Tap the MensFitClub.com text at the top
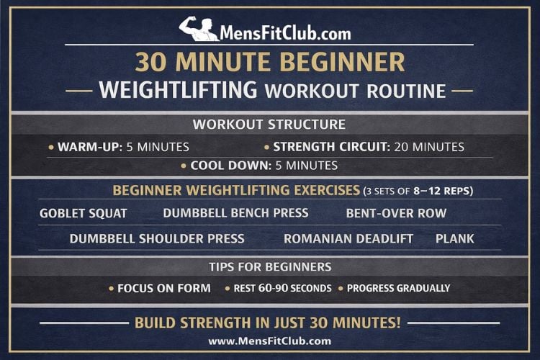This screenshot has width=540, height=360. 287,32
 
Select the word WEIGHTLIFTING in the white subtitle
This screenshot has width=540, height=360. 178,91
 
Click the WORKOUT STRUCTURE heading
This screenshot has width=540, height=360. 269,125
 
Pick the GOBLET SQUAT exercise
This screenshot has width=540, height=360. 84,213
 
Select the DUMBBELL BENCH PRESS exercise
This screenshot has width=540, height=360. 235,213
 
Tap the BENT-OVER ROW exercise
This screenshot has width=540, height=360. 396,213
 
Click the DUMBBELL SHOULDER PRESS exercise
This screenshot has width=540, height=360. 157,238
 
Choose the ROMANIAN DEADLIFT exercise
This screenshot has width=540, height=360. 348,238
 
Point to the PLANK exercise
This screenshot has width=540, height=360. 455,238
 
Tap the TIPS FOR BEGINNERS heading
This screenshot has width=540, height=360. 270,266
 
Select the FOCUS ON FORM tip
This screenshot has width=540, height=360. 164,288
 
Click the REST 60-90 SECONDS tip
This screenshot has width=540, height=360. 282,288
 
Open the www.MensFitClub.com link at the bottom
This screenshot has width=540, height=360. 270,341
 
